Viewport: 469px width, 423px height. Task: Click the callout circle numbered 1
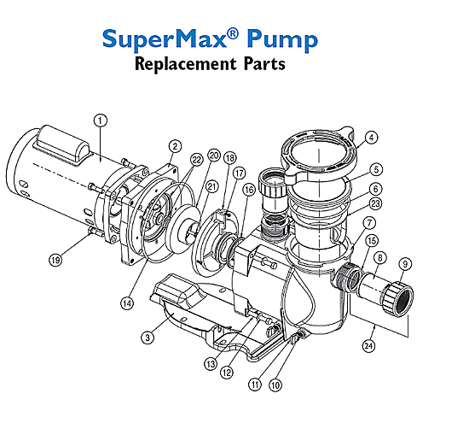click(x=101, y=120)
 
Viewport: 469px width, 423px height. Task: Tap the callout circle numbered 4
click(x=372, y=138)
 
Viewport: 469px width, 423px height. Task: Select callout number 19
click(x=55, y=260)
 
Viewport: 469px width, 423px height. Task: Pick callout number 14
click(x=127, y=303)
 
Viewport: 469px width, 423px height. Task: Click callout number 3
click(x=148, y=338)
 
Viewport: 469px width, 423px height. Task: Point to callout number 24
click(x=368, y=346)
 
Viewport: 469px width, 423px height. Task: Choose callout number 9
click(x=405, y=264)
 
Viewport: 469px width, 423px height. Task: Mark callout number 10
click(x=275, y=385)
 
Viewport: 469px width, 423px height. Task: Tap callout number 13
click(x=211, y=364)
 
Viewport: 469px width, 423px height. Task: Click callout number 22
click(x=196, y=160)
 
